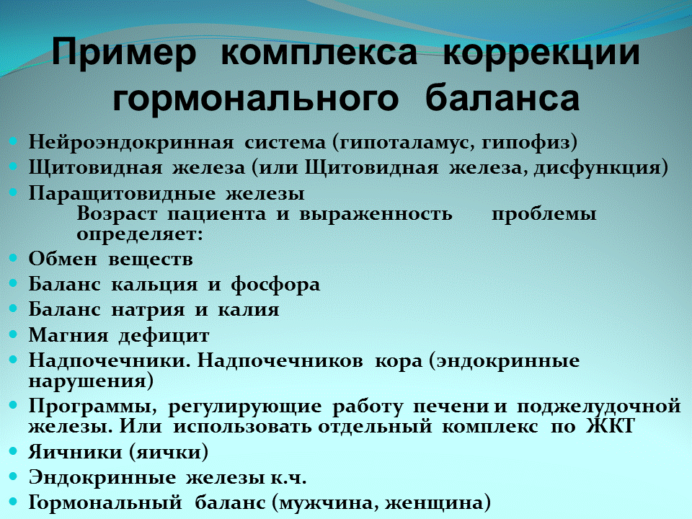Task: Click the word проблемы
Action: [x=544, y=214]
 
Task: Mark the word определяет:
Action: [x=139, y=234]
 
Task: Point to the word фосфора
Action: [x=275, y=284]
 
